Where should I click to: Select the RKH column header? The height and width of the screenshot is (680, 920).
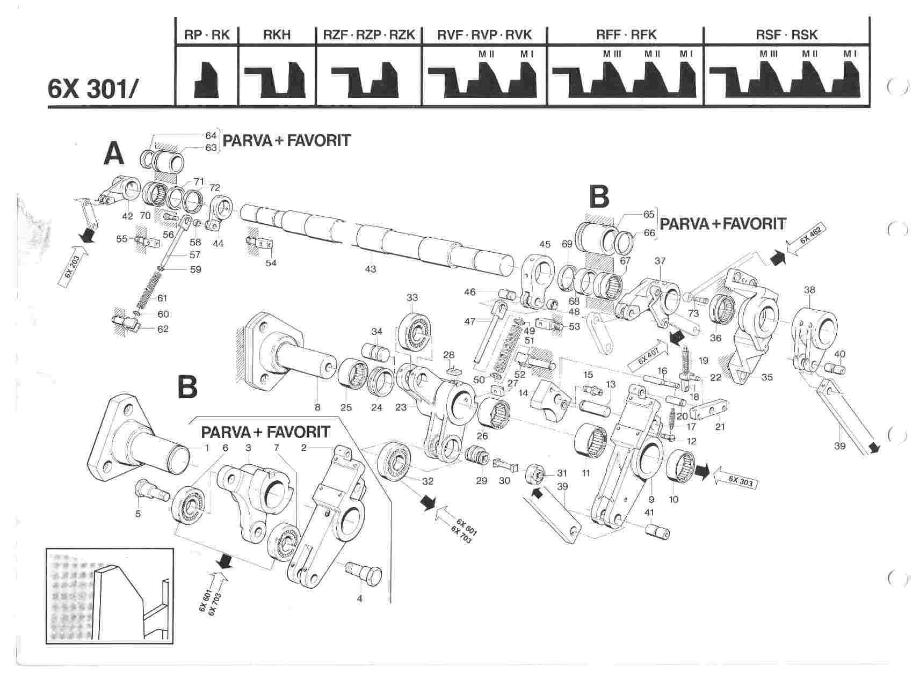(277, 35)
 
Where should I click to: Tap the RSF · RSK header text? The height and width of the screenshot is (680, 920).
(786, 35)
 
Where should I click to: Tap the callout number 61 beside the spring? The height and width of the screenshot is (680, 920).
(162, 298)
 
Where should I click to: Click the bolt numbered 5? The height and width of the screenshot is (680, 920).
(153, 489)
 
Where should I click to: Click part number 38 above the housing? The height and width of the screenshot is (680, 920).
(809, 290)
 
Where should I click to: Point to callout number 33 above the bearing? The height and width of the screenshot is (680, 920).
(412, 297)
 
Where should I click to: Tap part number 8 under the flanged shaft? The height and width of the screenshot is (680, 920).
(317, 407)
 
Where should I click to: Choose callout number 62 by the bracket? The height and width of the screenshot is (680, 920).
(163, 328)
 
